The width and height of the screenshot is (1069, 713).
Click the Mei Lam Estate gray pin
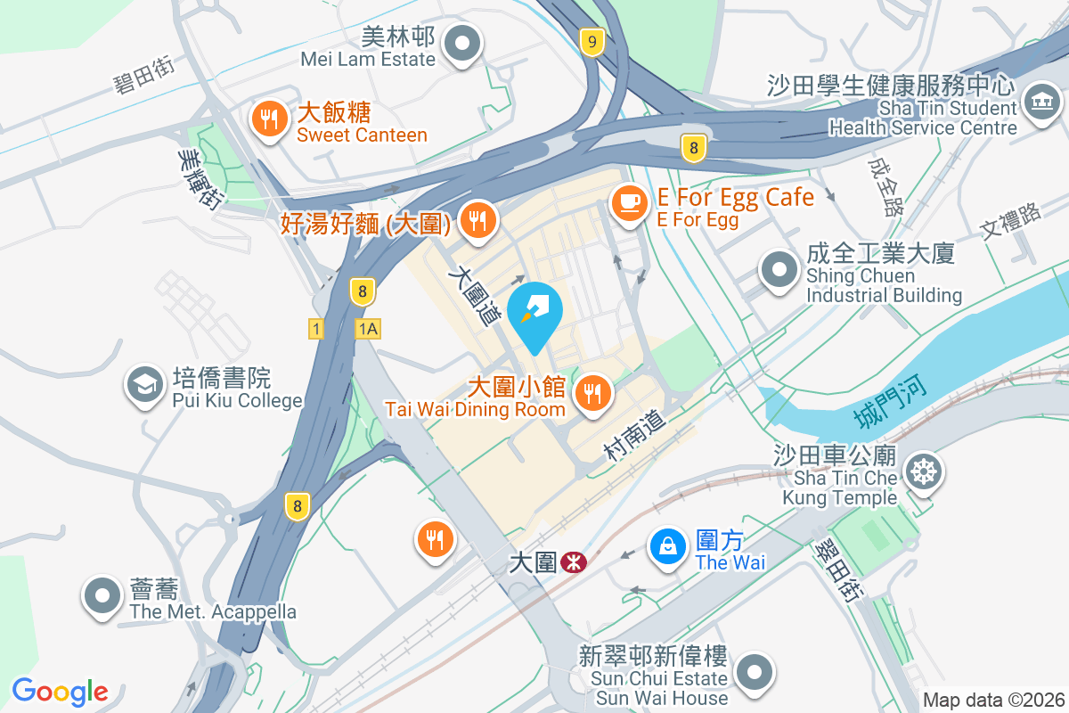pyautogui.click(x=462, y=45)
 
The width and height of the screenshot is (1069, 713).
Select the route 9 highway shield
pyautogui.click(x=592, y=40)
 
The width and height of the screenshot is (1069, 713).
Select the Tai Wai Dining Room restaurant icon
pyautogui.click(x=591, y=393)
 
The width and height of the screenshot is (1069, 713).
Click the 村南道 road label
pyautogui.click(x=634, y=436)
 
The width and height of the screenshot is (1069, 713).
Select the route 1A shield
pyautogui.click(x=367, y=329)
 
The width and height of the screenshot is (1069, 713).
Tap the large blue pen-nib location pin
pyautogui.click(x=534, y=314)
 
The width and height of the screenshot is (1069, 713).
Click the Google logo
pyautogui.click(x=60, y=692)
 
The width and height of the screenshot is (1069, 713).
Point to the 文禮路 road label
pyautogui.click(x=1011, y=220)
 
